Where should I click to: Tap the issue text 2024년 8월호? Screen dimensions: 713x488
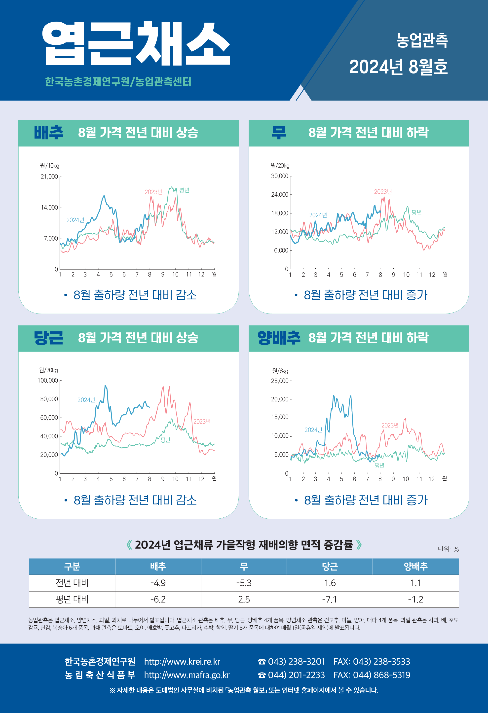(398, 67)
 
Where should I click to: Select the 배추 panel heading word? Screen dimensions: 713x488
(48, 133)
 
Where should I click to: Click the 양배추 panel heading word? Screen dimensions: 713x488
(279, 338)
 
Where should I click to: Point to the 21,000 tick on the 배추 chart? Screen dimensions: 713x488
(49, 177)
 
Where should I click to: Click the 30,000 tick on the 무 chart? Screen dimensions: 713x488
(279, 176)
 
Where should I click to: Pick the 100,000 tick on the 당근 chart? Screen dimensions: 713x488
(48, 380)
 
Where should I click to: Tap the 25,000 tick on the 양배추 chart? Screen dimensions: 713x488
(279, 381)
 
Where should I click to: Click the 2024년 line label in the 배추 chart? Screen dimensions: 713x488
(75, 220)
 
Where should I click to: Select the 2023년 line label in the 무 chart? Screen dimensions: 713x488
(383, 192)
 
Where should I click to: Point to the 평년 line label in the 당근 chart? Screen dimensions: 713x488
(165, 440)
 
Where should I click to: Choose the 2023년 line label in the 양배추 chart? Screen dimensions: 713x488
(389, 425)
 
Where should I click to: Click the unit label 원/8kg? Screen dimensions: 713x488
(280, 371)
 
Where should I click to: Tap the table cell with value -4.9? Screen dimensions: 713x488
(158, 583)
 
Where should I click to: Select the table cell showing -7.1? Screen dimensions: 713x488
(330, 599)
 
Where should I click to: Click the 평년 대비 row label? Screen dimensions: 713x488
(72, 599)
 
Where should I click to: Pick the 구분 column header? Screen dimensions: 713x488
(72, 566)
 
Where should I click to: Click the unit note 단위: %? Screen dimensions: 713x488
(448, 549)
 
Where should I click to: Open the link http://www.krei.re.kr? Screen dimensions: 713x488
(182, 661)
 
